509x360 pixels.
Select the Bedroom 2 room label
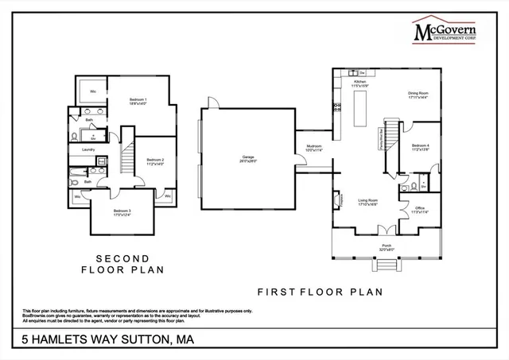[x=155, y=162]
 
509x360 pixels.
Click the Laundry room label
[x=89, y=149]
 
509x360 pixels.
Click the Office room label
[x=419, y=210]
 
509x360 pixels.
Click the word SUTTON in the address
[x=143, y=341]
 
